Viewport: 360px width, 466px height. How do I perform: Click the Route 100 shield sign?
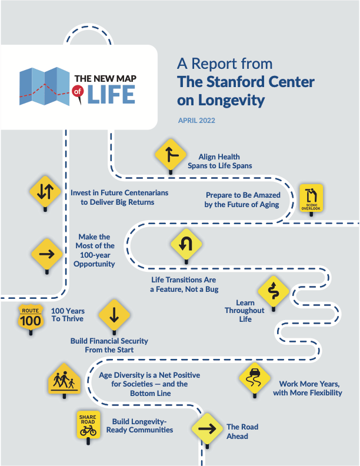pos(30,318)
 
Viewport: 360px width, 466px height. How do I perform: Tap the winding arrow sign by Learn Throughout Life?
pos(273,289)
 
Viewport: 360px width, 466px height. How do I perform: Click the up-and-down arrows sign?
pos(46,192)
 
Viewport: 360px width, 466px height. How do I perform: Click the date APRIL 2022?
pos(197,121)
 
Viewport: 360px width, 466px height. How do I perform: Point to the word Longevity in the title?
pos(229,101)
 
